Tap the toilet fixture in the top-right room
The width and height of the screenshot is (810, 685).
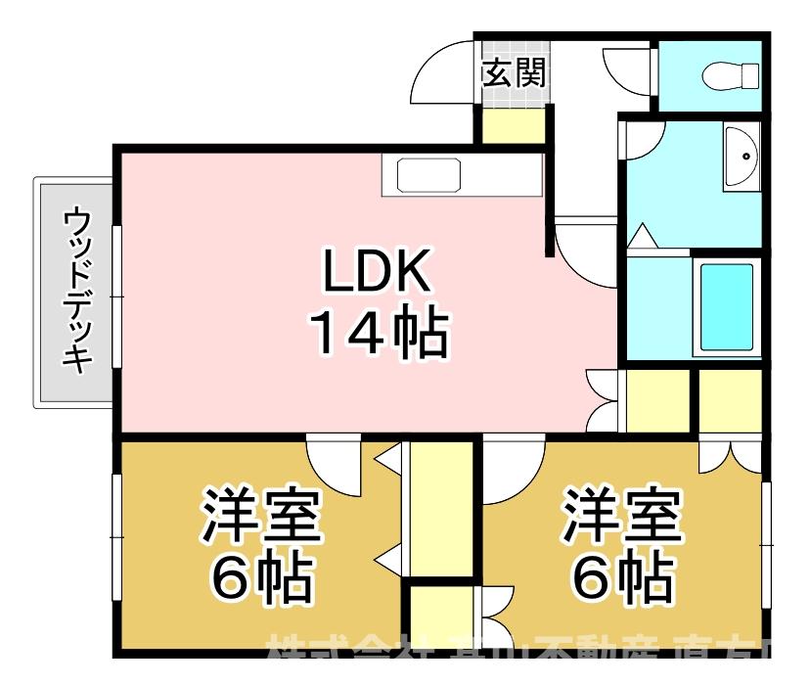coord(734,74)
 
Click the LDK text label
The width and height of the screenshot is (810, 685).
coord(378,275)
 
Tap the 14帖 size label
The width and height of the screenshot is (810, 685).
coord(378,333)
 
